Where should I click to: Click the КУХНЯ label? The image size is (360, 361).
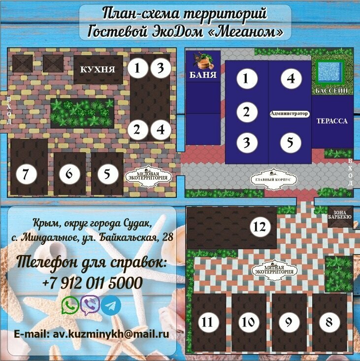click(98, 70)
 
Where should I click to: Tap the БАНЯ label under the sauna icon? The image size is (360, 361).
click(203, 75)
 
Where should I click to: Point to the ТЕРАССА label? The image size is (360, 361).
click(332, 121)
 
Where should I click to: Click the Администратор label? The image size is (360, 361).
click(290, 114)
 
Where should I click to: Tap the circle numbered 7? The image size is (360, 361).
click(27, 174)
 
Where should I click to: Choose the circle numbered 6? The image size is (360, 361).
click(69, 174)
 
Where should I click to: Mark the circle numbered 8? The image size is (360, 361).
click(327, 323)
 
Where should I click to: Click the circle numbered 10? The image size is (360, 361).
click(248, 323)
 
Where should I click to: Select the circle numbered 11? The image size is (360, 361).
click(209, 323)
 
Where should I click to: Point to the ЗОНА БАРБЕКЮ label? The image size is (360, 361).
click(340, 214)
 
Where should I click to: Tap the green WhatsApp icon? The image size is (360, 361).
click(70, 305)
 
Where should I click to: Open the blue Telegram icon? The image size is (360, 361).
click(111, 305)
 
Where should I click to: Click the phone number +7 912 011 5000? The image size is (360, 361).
click(93, 283)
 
